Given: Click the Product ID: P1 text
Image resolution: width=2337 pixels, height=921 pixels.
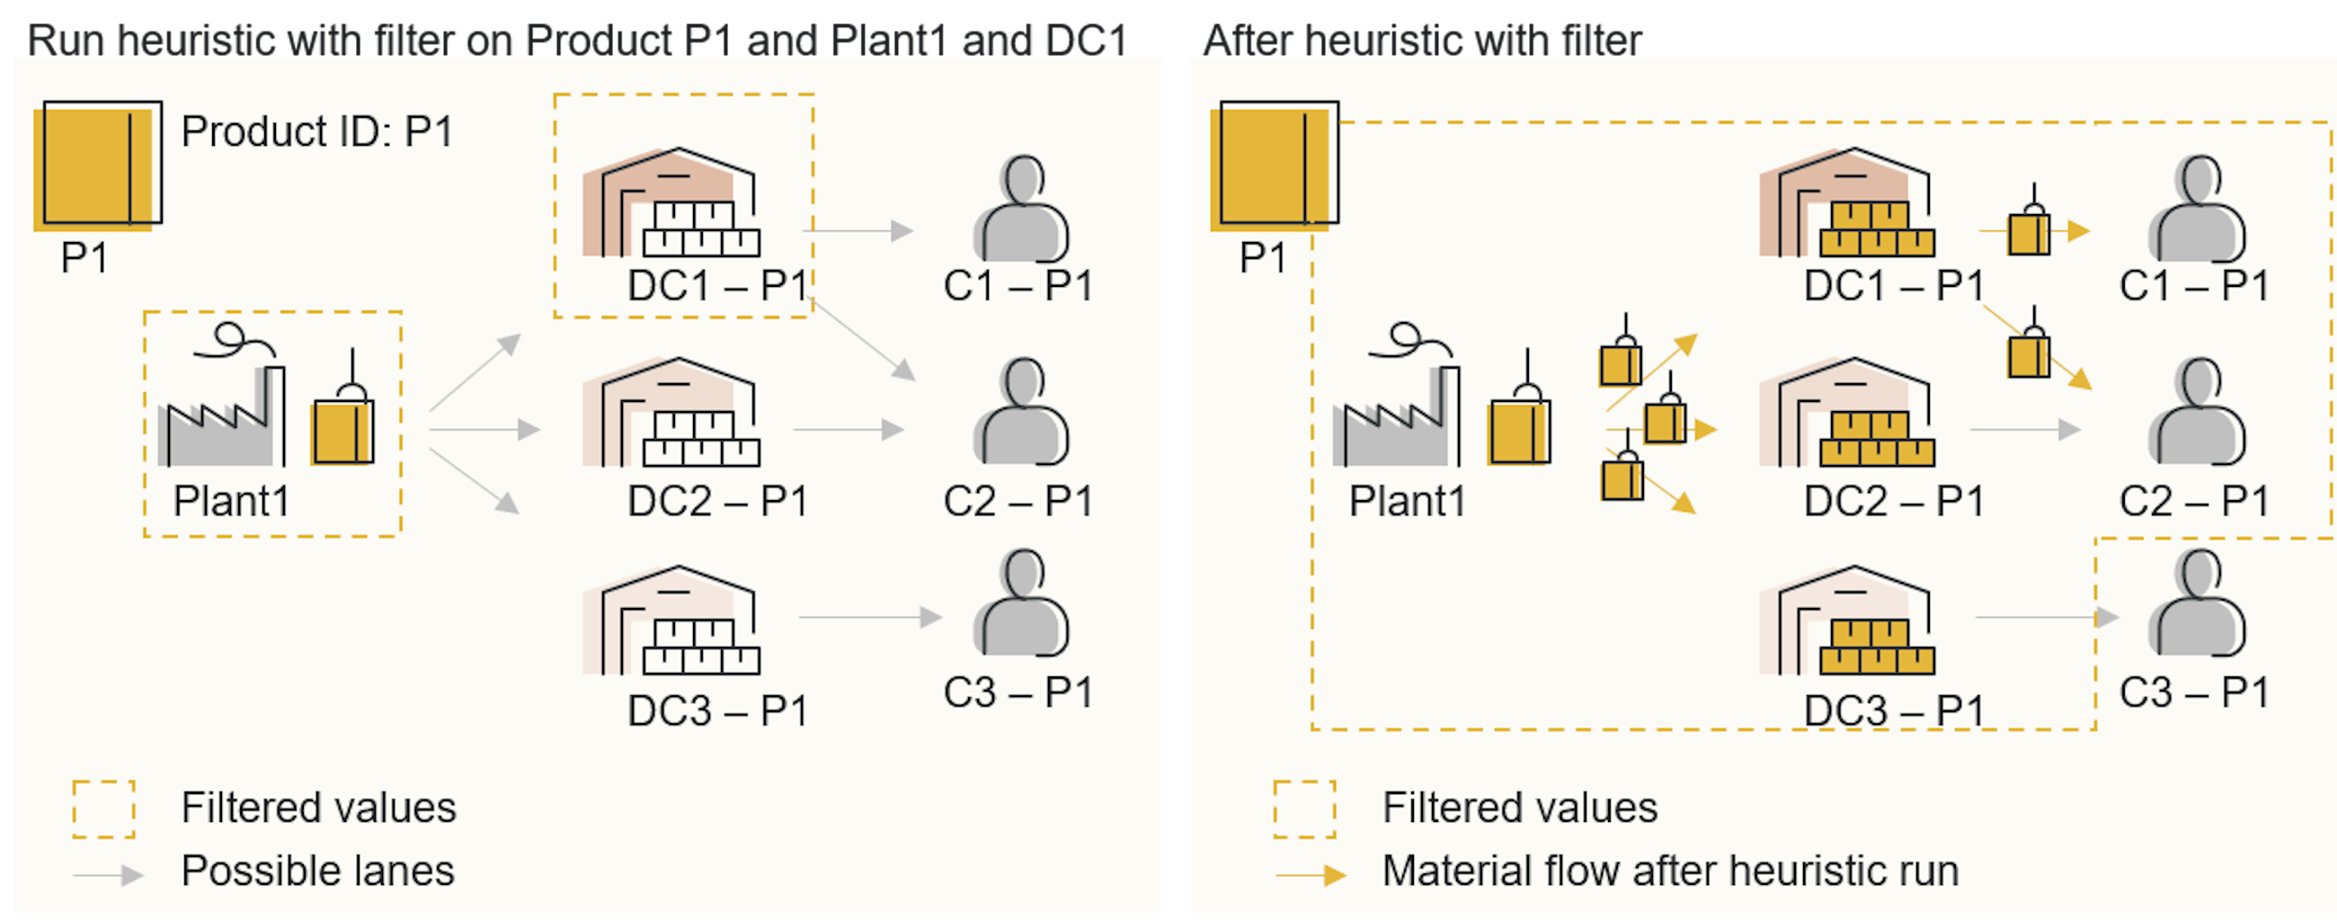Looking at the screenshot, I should [x=316, y=132].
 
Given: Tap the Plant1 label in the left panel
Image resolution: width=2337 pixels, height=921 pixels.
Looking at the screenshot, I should [x=231, y=501].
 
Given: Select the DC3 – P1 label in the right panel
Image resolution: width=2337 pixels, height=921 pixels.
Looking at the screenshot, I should [x=1893, y=711].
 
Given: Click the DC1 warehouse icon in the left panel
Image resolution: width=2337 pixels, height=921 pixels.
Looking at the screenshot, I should [x=672, y=203].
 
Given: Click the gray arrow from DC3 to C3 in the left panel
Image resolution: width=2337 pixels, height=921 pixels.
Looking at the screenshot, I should [x=869, y=618].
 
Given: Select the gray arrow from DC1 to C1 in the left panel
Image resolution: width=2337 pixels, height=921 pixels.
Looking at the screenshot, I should [x=857, y=231].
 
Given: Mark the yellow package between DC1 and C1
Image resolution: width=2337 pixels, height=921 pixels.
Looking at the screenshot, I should [x=2029, y=232].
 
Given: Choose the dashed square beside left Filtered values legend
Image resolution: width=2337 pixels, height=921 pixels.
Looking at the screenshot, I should [x=104, y=809].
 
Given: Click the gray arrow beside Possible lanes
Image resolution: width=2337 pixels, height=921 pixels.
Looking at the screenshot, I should [x=108, y=875].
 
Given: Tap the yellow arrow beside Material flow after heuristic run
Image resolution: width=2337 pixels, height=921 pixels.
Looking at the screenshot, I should [x=1310, y=875].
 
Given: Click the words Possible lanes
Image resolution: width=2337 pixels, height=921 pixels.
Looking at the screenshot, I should [x=317, y=872].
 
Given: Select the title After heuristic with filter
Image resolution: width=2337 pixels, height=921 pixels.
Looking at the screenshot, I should [x=1422, y=40].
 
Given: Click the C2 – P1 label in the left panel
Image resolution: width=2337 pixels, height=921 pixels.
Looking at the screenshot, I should [x=1017, y=501].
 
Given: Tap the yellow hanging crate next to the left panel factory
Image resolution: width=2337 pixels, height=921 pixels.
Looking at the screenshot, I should [x=343, y=430].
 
